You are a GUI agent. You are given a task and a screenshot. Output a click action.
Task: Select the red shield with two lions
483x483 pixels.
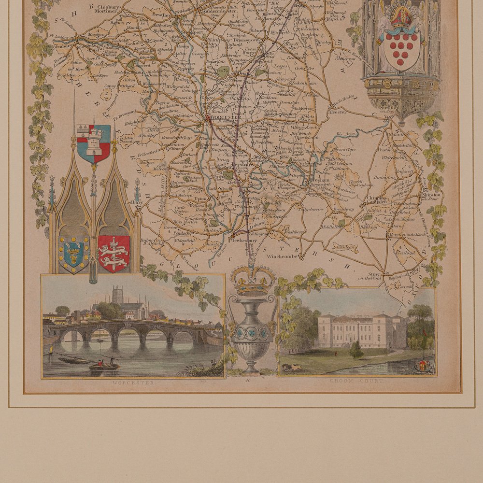(x=114, y=253)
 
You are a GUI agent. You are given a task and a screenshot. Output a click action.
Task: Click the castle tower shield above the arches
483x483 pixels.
(x=94, y=143)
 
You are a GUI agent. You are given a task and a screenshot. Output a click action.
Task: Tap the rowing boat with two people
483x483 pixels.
(x=103, y=365)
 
